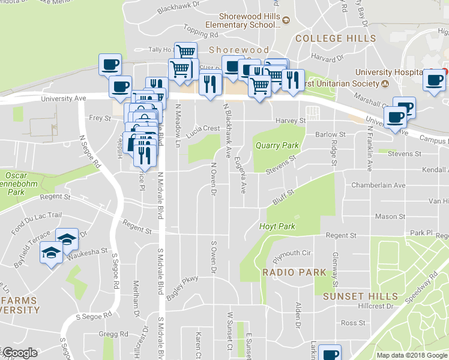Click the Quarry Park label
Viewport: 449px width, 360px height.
[277, 145]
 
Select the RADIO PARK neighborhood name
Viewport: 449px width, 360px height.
[294, 272]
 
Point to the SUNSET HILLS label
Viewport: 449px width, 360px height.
[360, 296]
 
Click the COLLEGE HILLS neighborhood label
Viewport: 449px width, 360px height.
[336, 38]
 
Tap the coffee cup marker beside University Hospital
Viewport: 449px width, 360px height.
[433, 79]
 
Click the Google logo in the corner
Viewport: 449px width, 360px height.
[20, 353]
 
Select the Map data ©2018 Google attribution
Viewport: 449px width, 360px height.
[412, 355]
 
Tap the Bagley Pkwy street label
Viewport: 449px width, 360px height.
[182, 289]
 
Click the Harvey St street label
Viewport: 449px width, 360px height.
[291, 121]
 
